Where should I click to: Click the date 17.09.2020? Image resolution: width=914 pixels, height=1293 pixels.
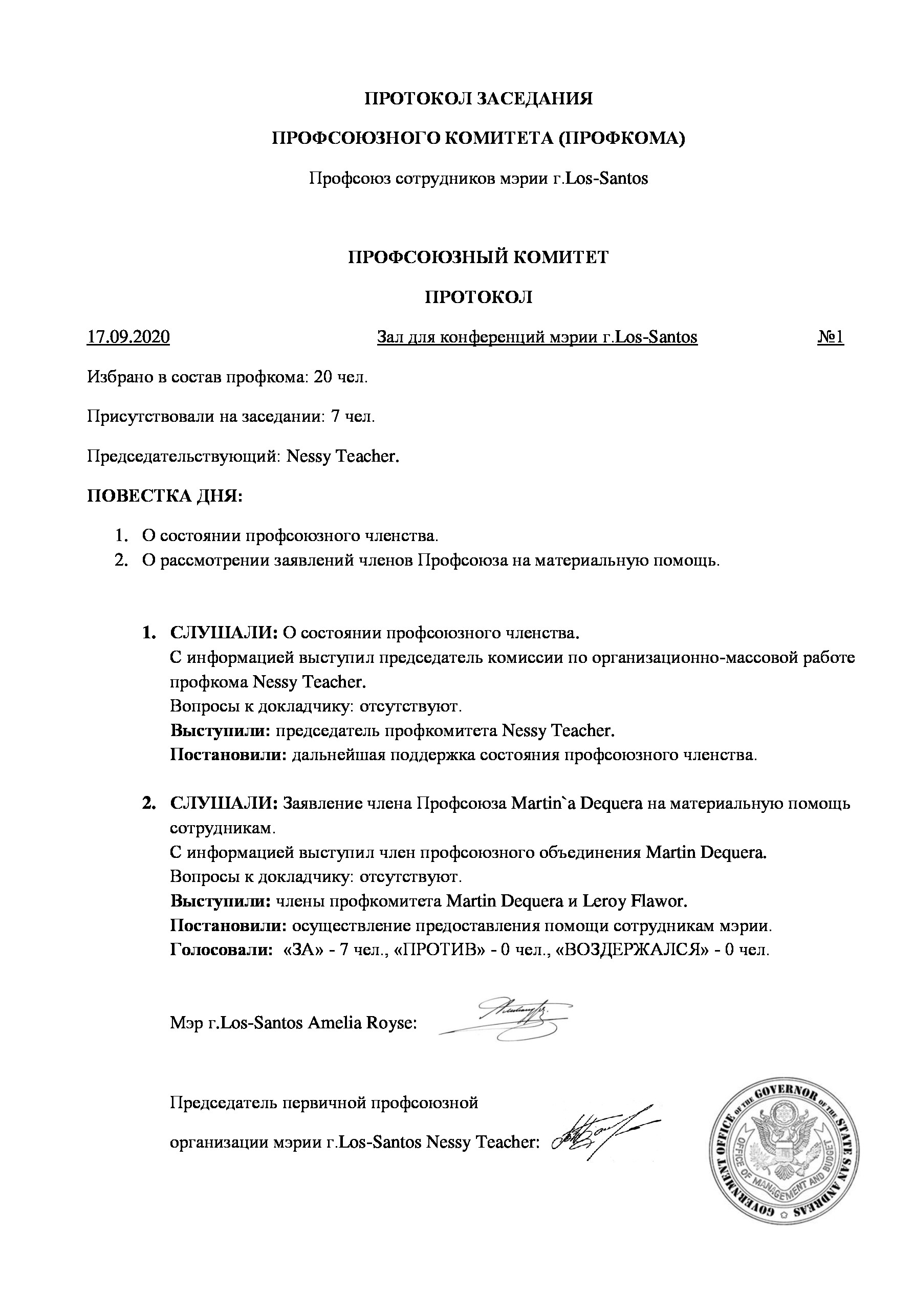pos(128,337)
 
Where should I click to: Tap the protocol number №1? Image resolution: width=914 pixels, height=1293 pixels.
pos(830,337)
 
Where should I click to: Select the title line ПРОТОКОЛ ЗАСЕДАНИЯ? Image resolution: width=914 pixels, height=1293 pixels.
pos(478,99)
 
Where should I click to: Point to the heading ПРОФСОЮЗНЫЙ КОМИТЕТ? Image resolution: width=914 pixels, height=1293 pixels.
pos(478,257)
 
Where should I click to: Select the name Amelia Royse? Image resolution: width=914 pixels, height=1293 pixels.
pos(361,1023)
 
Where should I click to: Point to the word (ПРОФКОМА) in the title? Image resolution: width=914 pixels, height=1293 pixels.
pos(622,139)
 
